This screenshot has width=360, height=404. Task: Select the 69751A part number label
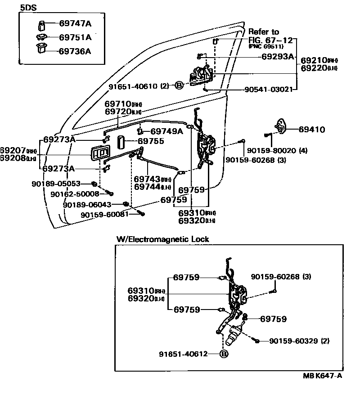75,37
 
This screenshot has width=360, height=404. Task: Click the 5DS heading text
28,8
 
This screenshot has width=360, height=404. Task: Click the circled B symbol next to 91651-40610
179,85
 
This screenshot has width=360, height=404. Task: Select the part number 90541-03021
268,90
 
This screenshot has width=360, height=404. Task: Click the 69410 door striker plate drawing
281,126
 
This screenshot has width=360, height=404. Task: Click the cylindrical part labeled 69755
121,142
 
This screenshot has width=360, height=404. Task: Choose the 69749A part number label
166,131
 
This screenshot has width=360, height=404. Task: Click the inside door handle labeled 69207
99,153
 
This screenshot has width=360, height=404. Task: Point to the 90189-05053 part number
56,184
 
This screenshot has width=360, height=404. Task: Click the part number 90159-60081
105,214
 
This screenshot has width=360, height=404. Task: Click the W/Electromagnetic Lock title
162,239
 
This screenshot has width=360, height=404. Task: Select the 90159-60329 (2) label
299,341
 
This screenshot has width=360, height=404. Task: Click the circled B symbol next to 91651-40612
224,354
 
